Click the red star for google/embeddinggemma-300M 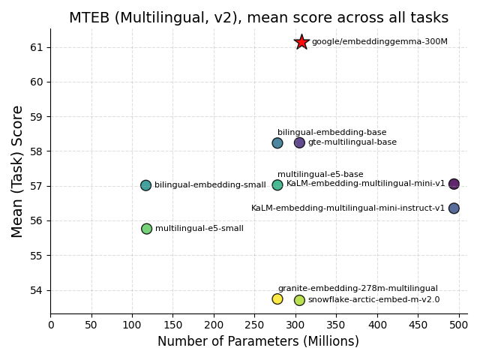point(301,42)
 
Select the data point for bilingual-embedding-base point(277,143)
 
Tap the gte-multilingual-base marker point(299,142)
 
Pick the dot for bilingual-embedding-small point(145,185)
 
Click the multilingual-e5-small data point point(146,229)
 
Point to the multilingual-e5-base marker point(277,185)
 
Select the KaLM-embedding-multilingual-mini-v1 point point(454,184)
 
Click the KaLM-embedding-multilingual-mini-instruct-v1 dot point(454,208)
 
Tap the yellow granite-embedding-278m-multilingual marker point(277,299)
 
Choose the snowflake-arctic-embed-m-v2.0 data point point(299,300)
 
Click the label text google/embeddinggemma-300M point(379,42)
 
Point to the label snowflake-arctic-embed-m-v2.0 point(373,300)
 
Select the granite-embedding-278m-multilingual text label point(358,289)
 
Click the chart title point(259,18)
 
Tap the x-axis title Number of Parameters point(258,342)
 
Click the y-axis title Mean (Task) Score point(18,171)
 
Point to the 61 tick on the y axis point(37,47)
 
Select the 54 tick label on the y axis point(37,290)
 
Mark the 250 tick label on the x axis point(255,325)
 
